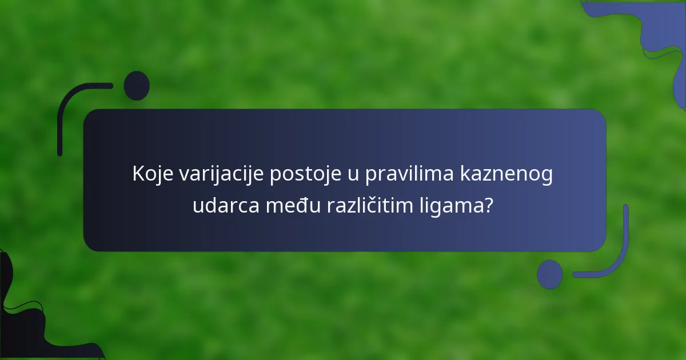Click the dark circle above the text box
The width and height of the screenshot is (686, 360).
pyautogui.click(x=137, y=86)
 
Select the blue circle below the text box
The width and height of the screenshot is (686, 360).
pyautogui.click(x=549, y=274)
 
